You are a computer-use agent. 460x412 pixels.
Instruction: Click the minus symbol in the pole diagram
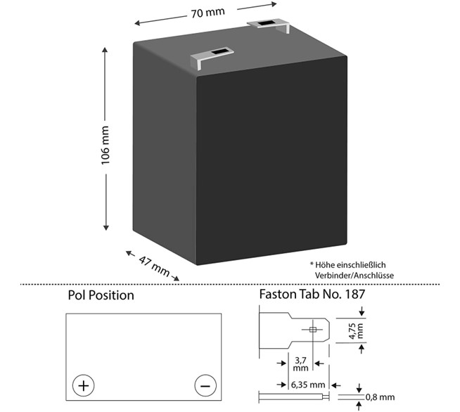205,385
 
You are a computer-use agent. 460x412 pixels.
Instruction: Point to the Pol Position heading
101,295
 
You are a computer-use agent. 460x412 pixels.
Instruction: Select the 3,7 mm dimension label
301,363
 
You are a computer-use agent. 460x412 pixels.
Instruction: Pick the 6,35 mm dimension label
308,385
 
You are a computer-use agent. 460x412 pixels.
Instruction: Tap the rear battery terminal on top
269,25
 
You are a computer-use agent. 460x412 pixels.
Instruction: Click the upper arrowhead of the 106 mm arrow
106,51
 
